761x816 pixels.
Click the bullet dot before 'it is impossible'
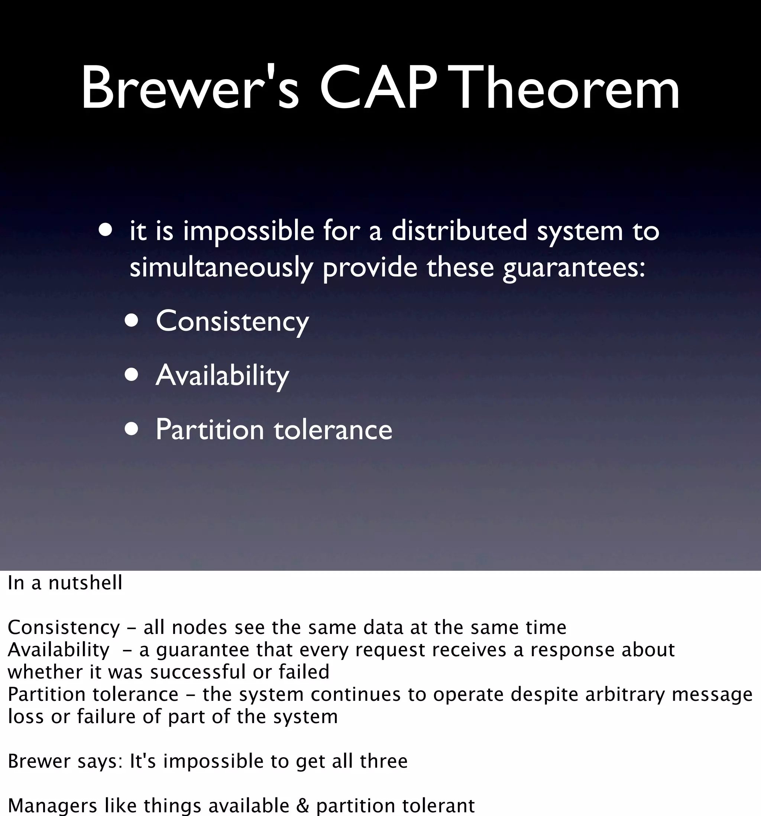(x=106, y=230)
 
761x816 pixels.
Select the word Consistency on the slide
(x=232, y=321)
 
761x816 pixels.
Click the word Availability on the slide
(x=223, y=376)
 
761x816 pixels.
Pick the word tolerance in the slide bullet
(x=333, y=430)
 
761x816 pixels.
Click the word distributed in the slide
(x=459, y=231)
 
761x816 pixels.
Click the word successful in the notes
(x=198, y=672)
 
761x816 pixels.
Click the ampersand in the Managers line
(x=302, y=805)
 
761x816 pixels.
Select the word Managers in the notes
(x=52, y=805)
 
